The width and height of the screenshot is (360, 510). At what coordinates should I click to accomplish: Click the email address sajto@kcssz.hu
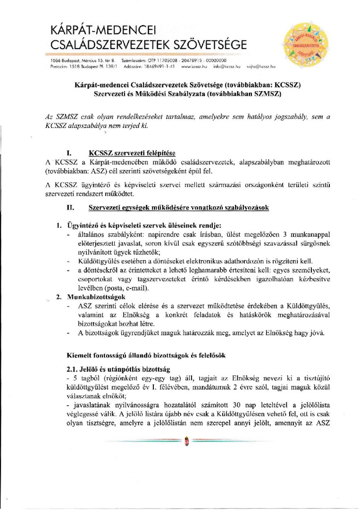click(x=261, y=67)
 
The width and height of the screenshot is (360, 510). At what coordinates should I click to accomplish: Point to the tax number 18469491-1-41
click(x=160, y=67)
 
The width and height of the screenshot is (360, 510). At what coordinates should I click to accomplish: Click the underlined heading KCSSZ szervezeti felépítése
click(x=132, y=153)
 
